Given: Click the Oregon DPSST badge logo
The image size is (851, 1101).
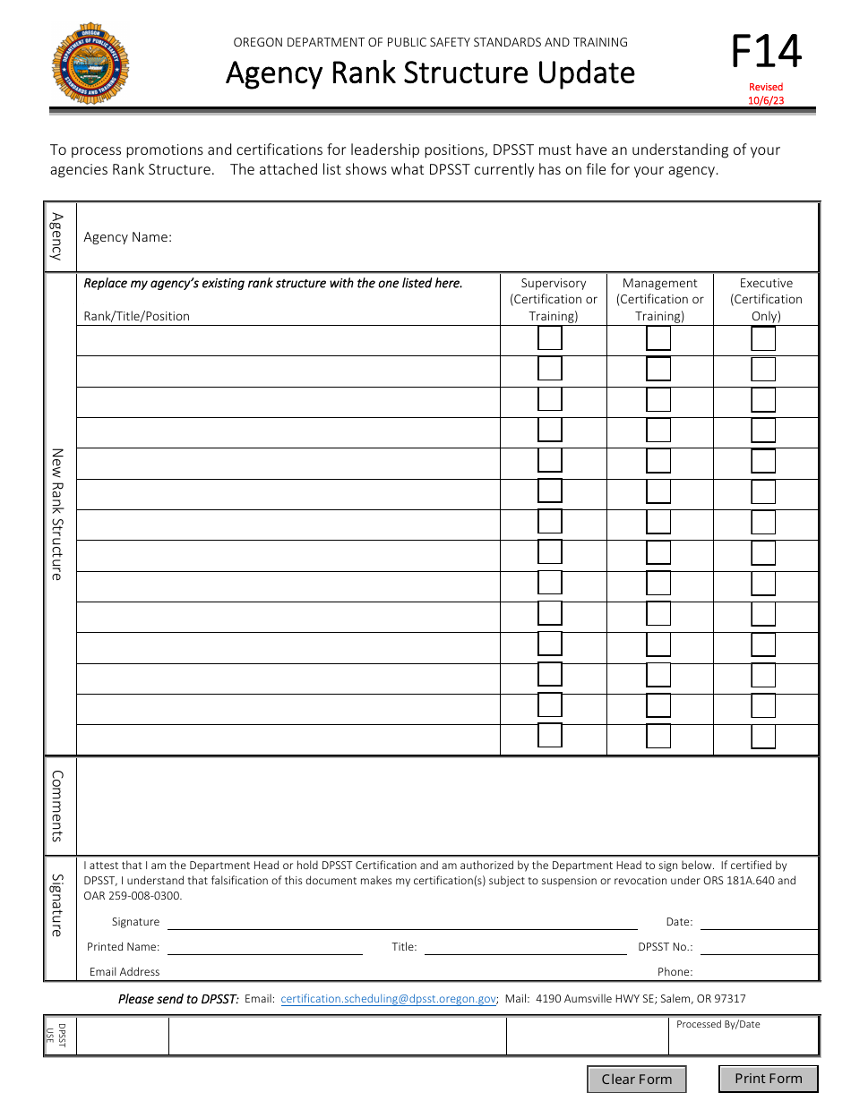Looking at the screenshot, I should (x=90, y=64).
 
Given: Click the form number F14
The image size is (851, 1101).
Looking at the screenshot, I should (x=766, y=53).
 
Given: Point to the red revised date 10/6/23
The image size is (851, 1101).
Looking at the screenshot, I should (x=766, y=94).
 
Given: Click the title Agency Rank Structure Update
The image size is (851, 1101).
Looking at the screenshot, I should (x=430, y=73).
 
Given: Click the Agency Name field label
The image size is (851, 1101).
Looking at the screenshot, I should (x=128, y=237).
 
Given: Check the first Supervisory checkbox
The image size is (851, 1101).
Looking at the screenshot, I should (x=550, y=339).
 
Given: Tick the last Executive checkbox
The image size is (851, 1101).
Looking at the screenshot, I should (x=763, y=737).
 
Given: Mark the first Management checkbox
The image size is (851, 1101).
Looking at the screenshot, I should (x=658, y=339).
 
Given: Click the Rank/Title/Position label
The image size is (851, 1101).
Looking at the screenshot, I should (x=137, y=316).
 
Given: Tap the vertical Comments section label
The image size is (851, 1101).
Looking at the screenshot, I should (x=56, y=806).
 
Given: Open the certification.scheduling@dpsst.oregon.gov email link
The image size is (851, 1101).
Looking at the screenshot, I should (x=389, y=999).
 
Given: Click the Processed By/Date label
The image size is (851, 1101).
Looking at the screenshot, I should (x=718, y=1024).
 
